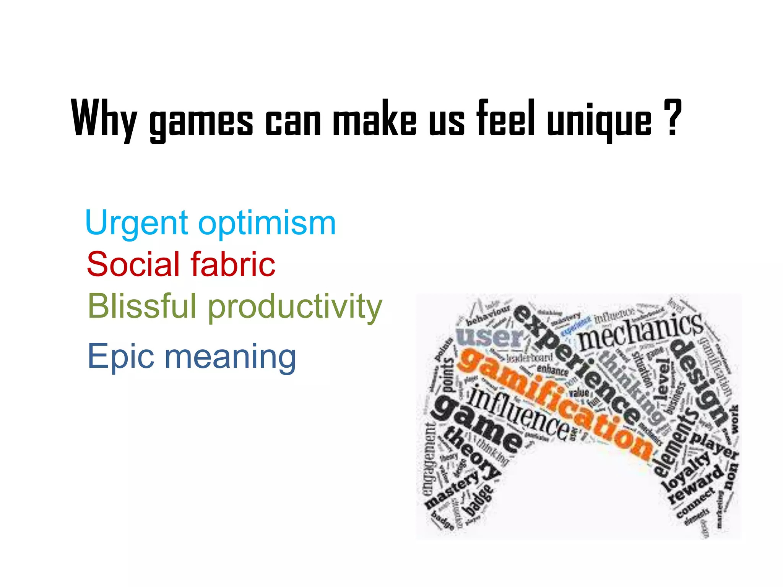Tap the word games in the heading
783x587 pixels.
tap(201, 122)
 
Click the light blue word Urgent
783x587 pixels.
tap(136, 223)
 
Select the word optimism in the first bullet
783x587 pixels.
tap(267, 224)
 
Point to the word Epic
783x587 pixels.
tap(121, 356)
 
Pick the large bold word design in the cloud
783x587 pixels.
tap(699, 382)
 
